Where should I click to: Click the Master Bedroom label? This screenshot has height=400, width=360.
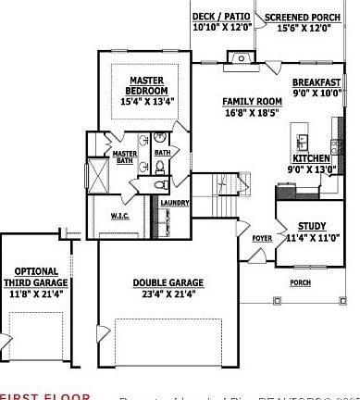click(x=147, y=85)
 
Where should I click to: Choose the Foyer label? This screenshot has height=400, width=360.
click(x=263, y=237)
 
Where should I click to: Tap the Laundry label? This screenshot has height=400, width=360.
click(x=174, y=203)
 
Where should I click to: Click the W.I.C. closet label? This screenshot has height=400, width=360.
click(x=119, y=217)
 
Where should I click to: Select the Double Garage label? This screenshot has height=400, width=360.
click(x=168, y=283)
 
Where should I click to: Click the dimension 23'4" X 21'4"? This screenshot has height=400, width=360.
click(x=168, y=294)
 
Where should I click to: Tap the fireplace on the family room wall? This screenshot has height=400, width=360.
click(x=240, y=57)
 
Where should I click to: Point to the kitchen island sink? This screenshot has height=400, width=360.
click(x=303, y=142)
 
